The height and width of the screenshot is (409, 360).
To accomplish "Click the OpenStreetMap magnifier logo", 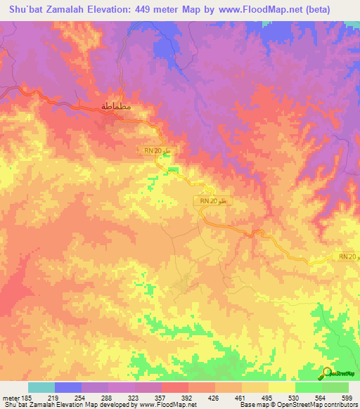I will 328,374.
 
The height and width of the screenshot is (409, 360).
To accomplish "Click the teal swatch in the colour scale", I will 41,387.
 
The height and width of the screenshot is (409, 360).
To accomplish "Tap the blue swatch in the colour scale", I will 68,387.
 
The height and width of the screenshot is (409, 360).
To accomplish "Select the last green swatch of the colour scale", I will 335,387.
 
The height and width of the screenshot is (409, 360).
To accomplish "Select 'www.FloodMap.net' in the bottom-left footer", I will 158,405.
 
